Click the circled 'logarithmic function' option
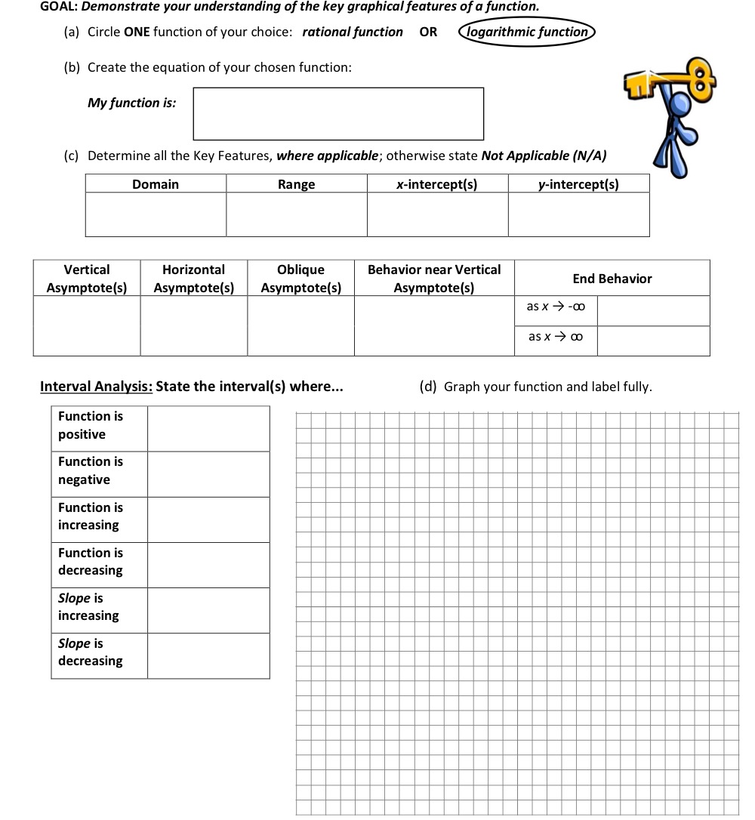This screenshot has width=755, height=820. coord(527,32)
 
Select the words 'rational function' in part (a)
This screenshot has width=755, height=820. coord(353,32)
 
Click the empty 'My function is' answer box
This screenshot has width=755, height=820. coord(338,114)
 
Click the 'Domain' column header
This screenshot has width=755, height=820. coord(156,184)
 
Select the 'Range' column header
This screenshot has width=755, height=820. coord(297,184)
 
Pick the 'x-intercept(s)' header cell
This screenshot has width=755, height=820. coord(437,184)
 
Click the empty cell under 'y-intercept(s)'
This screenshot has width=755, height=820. coord(578,214)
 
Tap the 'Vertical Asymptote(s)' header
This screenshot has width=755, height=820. coord(87,279)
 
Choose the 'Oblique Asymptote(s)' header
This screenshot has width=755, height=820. coord(300,279)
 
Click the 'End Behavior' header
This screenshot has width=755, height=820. coord(612,279)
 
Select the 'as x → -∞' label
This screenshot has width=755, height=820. coord(556,307)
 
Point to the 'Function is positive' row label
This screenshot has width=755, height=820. coord(91,425)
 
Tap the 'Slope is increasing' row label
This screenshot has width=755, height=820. coord(88,607)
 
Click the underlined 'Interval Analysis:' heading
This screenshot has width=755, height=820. coord(96,387)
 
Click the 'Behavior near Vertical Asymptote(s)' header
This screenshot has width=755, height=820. coord(434,279)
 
